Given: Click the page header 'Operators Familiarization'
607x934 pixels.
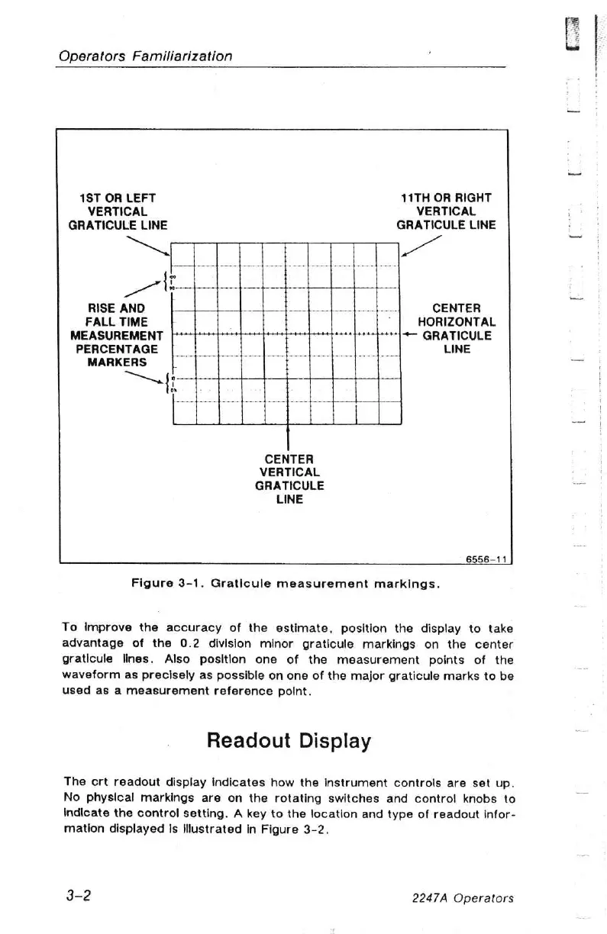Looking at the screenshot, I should tap(144, 56).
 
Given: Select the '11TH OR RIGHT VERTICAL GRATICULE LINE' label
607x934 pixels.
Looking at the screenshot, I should tap(446, 211).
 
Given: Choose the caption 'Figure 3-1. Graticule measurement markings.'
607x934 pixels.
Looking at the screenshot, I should tap(285, 586).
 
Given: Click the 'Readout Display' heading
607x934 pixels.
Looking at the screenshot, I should tap(289, 741).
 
